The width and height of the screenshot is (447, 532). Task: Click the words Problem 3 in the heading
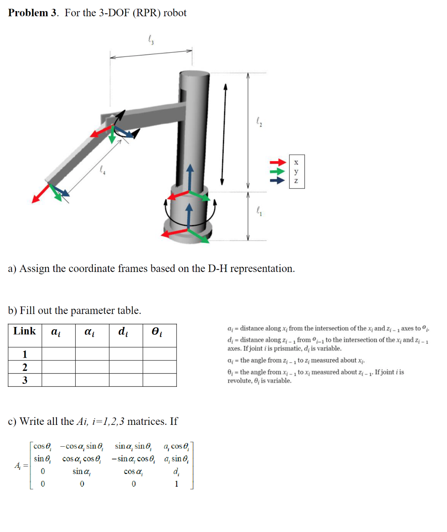coord(33,13)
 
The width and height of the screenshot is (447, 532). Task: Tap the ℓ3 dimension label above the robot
coord(151,39)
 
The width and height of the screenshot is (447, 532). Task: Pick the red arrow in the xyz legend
coord(277,162)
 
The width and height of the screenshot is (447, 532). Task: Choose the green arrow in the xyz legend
coord(277,171)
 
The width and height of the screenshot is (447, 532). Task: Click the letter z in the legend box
coord(296,181)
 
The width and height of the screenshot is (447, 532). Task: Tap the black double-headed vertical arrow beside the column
coord(223,134)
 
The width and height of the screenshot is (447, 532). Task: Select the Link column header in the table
coord(25,331)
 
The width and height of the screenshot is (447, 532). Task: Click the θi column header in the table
coord(157,332)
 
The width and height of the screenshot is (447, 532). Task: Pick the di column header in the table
coord(123,332)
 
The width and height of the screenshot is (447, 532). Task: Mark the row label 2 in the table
coord(25,367)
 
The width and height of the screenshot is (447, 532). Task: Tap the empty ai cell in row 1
coord(58,354)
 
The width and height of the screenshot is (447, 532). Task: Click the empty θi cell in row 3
coord(160,380)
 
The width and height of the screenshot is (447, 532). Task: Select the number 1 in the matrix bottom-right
coord(176,484)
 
